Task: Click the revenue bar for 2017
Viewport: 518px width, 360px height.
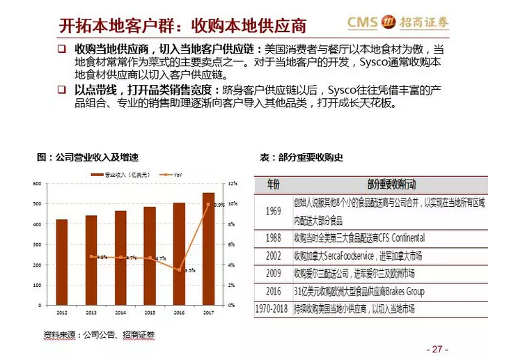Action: (x=208, y=249)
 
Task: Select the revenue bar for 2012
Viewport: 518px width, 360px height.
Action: (x=62, y=262)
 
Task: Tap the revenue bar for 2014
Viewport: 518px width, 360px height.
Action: (x=120, y=258)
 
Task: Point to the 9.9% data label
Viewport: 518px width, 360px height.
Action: (x=219, y=205)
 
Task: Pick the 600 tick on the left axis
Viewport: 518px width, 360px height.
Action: (x=37, y=184)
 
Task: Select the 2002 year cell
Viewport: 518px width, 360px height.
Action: (x=272, y=256)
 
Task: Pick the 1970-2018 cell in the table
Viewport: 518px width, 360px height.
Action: (x=272, y=308)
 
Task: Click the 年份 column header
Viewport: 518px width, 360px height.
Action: (x=272, y=185)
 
